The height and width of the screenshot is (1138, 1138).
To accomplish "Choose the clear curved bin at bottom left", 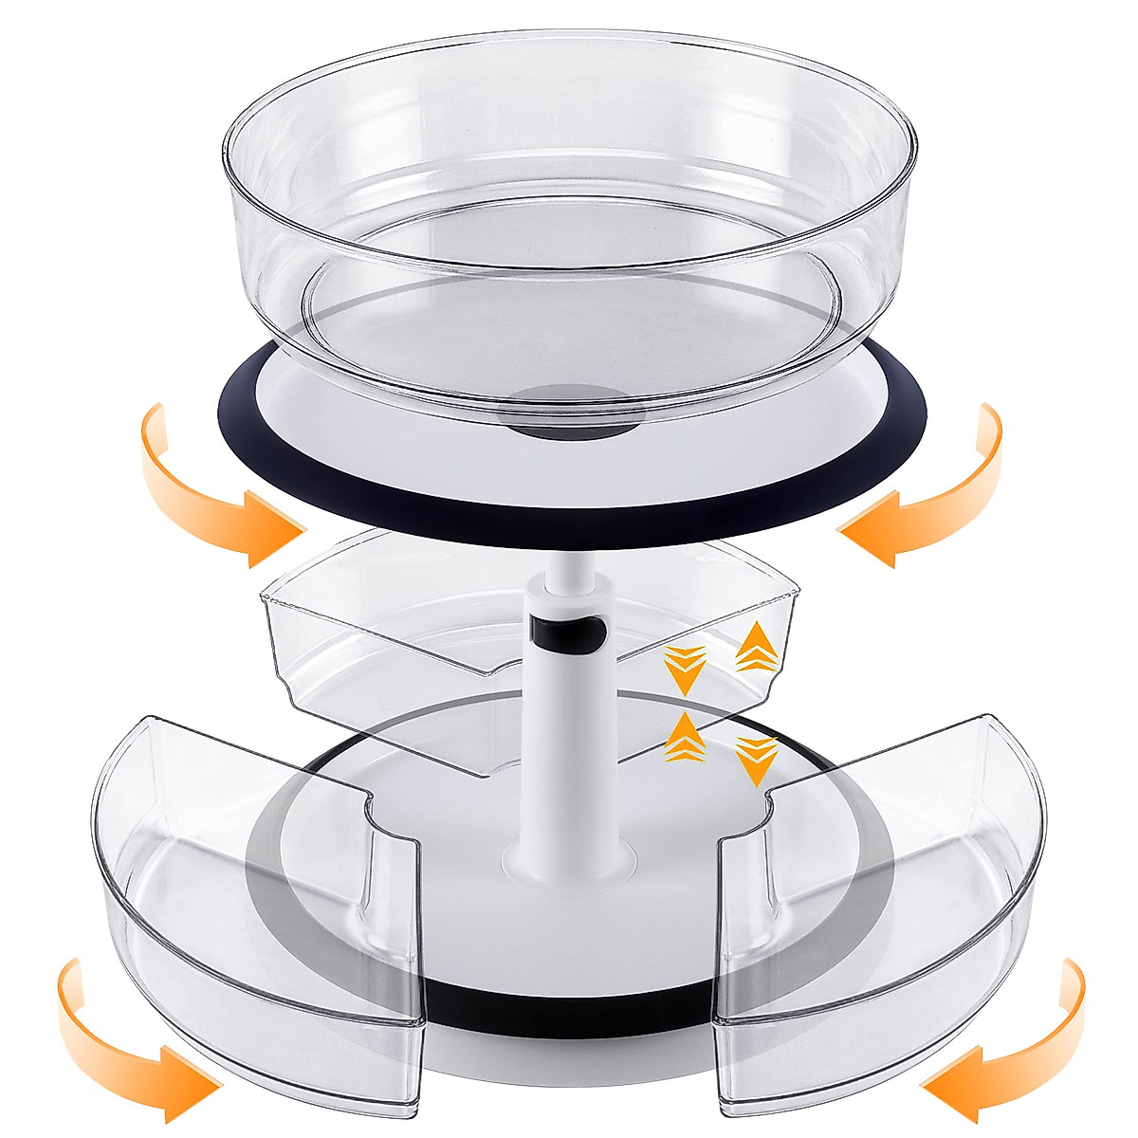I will pos(256,901).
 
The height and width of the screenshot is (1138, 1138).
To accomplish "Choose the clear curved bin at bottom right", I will pos(891,910).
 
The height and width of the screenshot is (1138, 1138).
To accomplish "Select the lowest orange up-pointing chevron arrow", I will pos(681,736).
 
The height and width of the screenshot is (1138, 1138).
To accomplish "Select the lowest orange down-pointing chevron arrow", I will pos(756,759).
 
